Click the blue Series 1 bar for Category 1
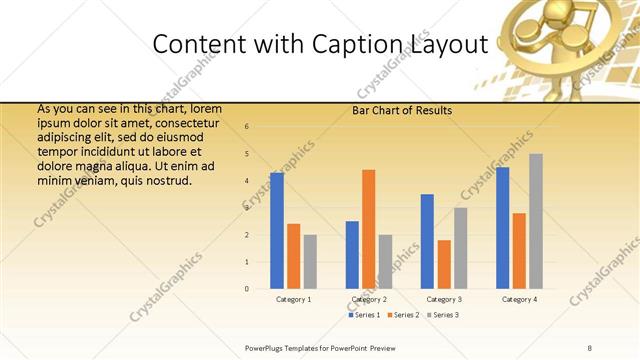277,231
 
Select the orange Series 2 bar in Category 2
368,229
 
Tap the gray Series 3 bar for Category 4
536,221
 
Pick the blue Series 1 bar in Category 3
427,241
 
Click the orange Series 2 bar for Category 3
444,264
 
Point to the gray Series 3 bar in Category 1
310,262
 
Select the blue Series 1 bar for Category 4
502,228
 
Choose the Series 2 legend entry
403,315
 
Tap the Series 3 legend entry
442,315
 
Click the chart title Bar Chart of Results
402,110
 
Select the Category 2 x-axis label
369,299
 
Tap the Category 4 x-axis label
519,299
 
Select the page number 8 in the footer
590,346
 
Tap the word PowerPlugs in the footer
269,346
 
